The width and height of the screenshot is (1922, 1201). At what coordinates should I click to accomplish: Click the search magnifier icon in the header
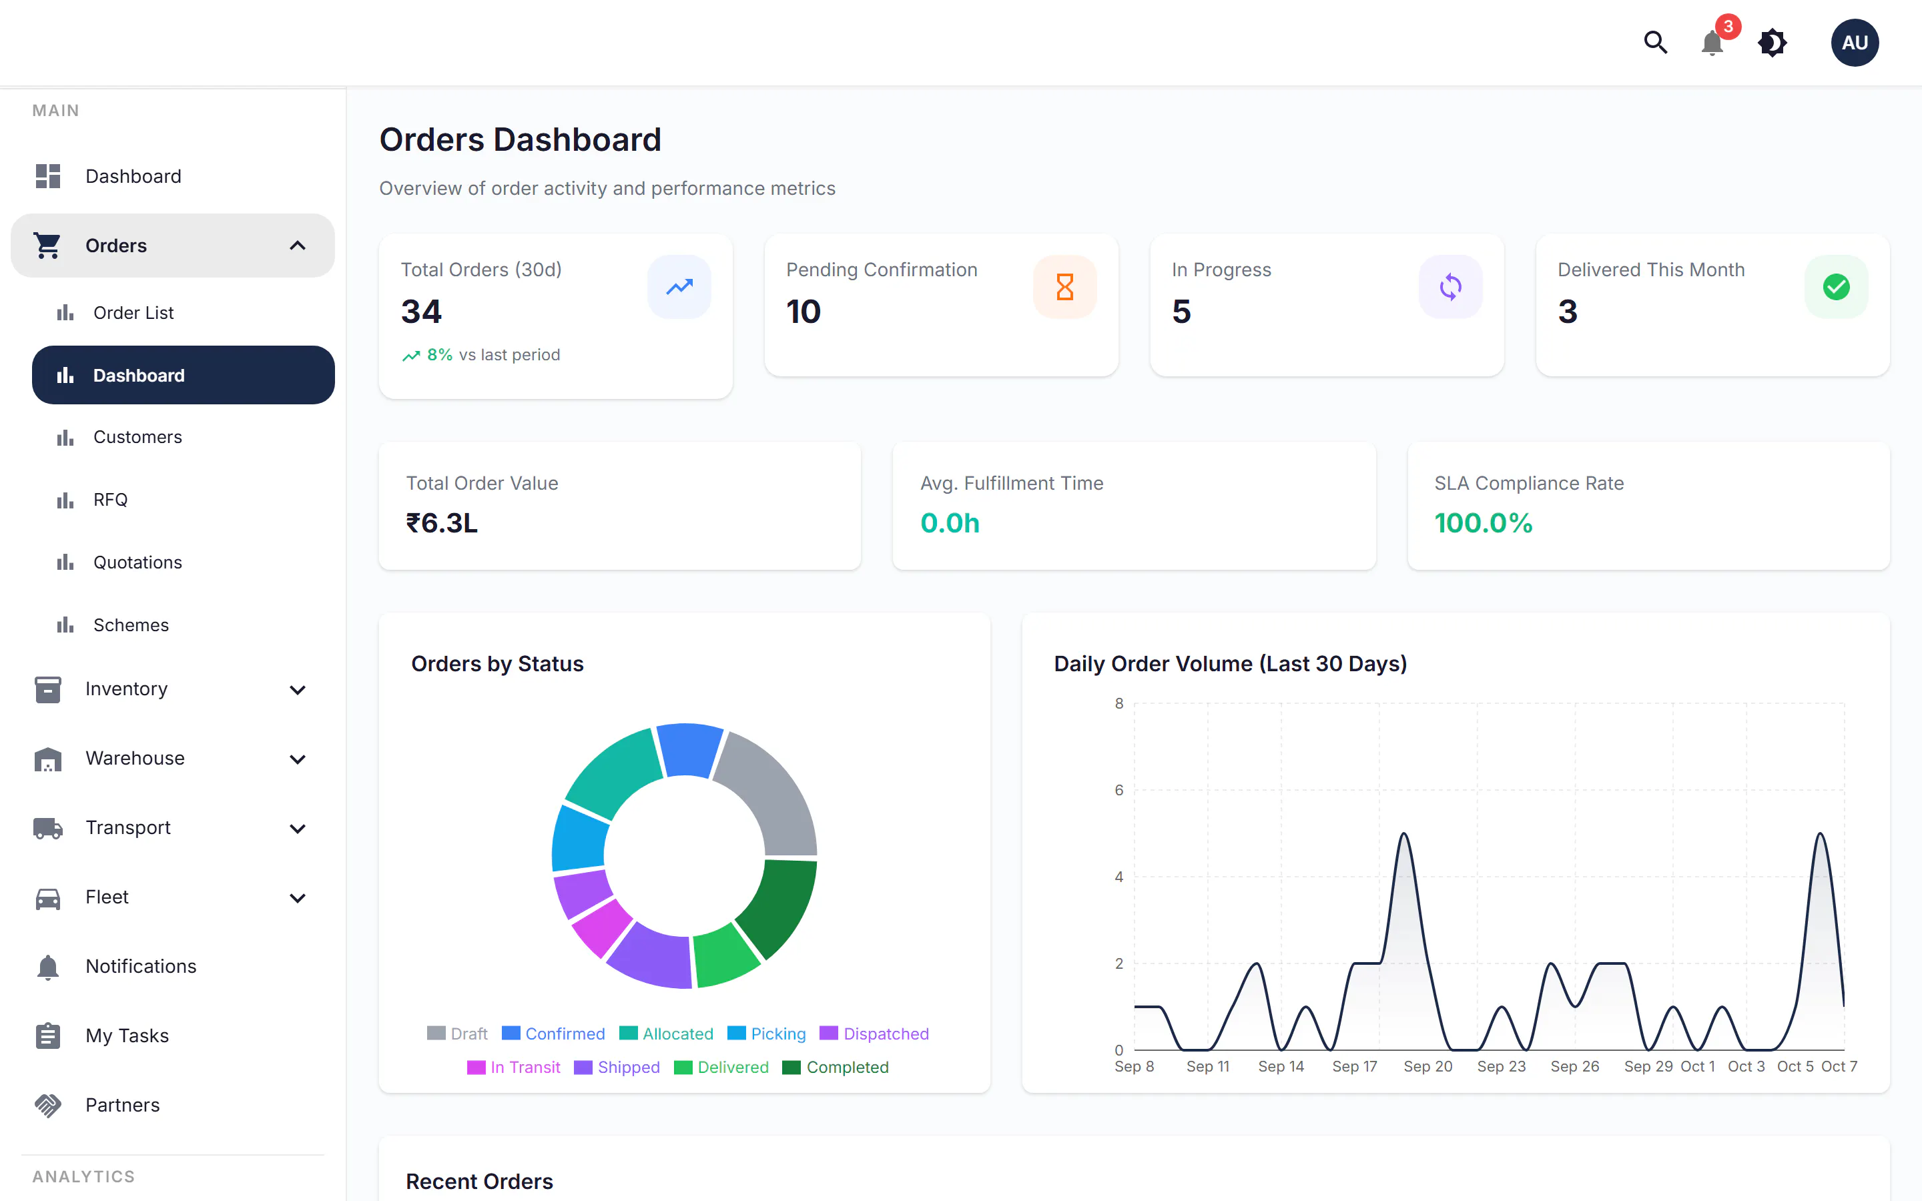click(x=1655, y=42)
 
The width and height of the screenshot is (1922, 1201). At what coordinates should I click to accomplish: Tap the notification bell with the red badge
click(x=1712, y=43)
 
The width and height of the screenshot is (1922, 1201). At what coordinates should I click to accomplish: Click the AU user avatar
click(x=1855, y=43)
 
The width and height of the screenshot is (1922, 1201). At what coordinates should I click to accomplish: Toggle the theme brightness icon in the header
click(x=1772, y=43)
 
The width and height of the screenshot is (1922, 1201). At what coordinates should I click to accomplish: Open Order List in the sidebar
click(x=133, y=313)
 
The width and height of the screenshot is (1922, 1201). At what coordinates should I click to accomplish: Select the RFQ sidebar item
click(x=110, y=500)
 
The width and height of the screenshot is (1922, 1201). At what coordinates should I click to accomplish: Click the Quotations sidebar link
click(x=137, y=562)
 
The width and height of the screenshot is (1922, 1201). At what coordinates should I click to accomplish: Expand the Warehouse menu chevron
click(x=298, y=759)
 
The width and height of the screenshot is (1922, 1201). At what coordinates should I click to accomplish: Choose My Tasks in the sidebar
click(x=127, y=1036)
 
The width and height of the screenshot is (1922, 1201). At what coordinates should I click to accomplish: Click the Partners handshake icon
click(x=47, y=1105)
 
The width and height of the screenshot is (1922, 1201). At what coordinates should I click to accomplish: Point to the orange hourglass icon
click(x=1065, y=287)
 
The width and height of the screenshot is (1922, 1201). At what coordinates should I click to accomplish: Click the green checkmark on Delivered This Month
click(x=1836, y=287)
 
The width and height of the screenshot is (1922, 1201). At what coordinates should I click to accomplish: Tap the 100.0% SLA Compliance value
click(x=1483, y=522)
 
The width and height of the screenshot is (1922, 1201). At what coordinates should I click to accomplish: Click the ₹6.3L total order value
click(x=442, y=522)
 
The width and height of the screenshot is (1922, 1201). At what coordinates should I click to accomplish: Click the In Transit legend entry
click(x=513, y=1068)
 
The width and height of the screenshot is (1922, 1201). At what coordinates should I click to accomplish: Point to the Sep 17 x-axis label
click(x=1354, y=1067)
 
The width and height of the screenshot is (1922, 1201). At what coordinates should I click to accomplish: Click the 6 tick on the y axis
click(x=1119, y=791)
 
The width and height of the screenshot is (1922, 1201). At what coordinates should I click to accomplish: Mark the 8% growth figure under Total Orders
click(x=439, y=355)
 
